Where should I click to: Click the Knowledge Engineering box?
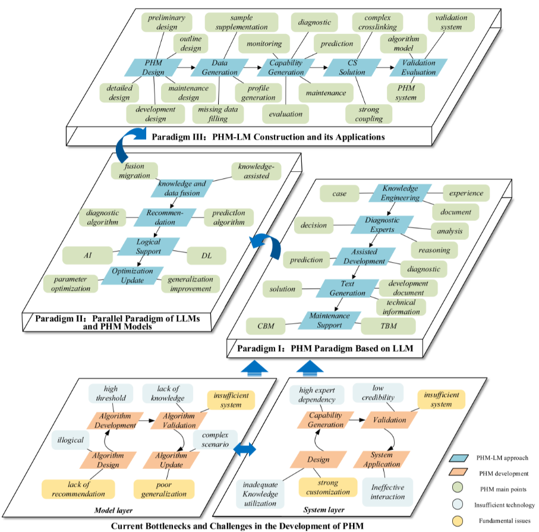401,193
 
